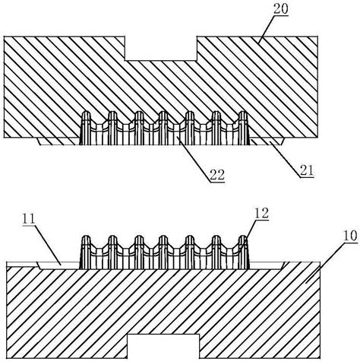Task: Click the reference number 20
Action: [x=280, y=9]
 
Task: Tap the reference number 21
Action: [x=307, y=170]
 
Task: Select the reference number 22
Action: [x=217, y=175]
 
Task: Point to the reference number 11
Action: [x=29, y=219]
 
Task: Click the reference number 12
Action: [x=261, y=213]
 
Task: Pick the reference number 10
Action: [x=350, y=236]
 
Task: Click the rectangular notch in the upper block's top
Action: [x=161, y=49]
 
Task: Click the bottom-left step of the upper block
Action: [x=58, y=141]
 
